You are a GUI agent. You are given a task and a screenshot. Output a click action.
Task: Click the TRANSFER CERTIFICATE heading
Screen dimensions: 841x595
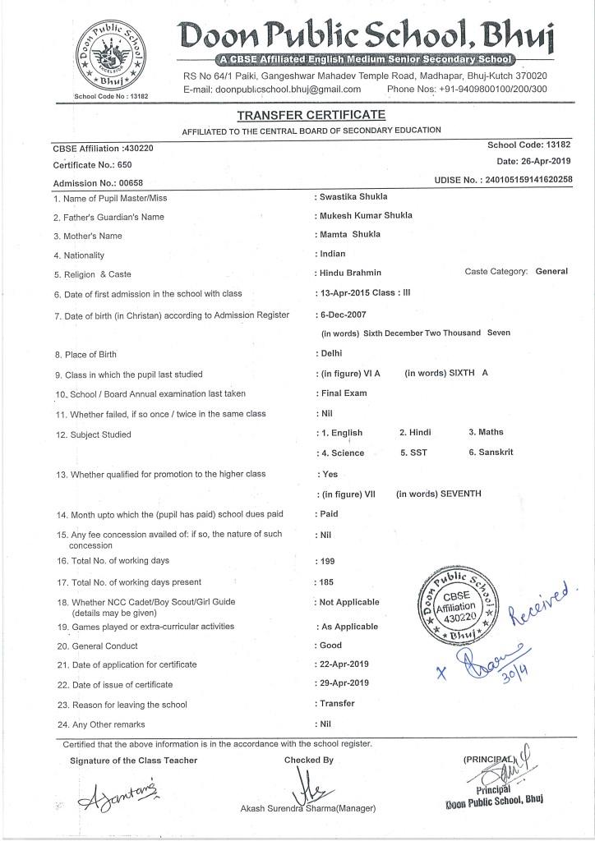311,115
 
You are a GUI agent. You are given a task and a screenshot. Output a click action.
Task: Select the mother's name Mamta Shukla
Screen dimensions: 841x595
349,235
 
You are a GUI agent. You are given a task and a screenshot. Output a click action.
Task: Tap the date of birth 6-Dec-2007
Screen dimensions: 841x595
344,315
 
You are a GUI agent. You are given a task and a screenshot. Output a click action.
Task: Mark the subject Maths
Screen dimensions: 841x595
486,432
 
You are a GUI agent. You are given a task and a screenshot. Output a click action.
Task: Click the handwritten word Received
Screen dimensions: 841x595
538,604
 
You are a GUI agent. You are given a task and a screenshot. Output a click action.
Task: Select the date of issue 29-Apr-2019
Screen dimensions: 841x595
344,683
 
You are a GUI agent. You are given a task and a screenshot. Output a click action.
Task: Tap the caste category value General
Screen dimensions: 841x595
551,271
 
